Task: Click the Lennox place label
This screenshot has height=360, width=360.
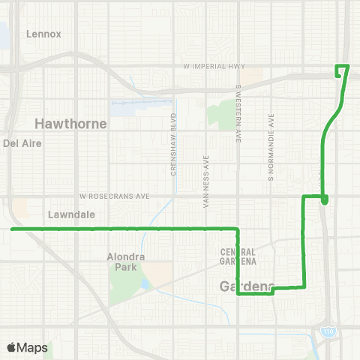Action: [43, 34]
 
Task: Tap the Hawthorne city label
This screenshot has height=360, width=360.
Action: [71, 123]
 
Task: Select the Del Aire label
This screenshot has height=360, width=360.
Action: [20, 142]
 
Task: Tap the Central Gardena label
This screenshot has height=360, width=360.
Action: [238, 256]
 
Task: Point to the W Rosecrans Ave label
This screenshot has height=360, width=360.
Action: [115, 196]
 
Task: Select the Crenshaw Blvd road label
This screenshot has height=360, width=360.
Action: [173, 144]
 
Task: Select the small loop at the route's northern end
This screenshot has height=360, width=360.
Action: [342, 71]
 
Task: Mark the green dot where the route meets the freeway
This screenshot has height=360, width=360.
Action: [324, 199]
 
